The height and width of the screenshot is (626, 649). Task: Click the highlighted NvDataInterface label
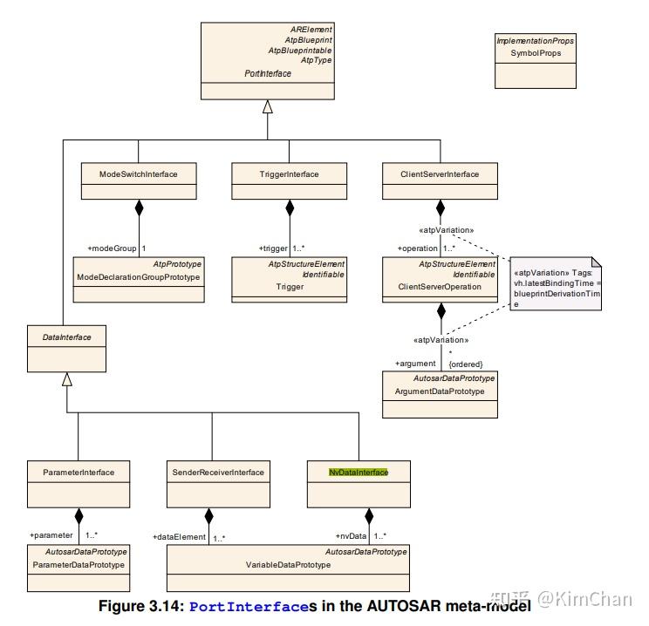click(x=359, y=472)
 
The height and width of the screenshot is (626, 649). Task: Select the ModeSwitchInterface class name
click(x=138, y=174)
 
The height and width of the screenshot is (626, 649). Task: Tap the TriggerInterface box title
click(x=289, y=174)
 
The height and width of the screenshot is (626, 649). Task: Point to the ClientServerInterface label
click(x=440, y=174)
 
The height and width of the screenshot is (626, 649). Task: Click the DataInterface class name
click(x=66, y=337)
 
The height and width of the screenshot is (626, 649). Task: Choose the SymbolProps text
click(x=536, y=53)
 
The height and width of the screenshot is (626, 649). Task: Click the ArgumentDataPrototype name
click(x=440, y=391)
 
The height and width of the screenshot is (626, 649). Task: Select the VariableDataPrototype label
click(x=288, y=565)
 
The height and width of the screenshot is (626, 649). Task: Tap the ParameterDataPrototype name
click(x=79, y=565)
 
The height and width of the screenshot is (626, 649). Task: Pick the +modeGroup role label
click(x=112, y=248)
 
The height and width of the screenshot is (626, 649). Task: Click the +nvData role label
click(x=351, y=536)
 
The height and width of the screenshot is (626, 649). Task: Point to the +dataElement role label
click(x=179, y=536)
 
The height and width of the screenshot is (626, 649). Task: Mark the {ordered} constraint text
click(x=466, y=364)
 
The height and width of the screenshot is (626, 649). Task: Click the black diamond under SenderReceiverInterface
click(x=209, y=516)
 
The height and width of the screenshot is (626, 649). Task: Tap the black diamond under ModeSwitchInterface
click(x=139, y=208)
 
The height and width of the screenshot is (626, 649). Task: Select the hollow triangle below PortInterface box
click(x=268, y=106)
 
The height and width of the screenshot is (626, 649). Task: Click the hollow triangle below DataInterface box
click(x=67, y=379)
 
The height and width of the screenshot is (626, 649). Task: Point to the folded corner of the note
click(x=597, y=262)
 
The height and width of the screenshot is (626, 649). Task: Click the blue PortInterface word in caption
click(x=249, y=607)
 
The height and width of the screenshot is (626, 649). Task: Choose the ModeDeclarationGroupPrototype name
click(x=138, y=276)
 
